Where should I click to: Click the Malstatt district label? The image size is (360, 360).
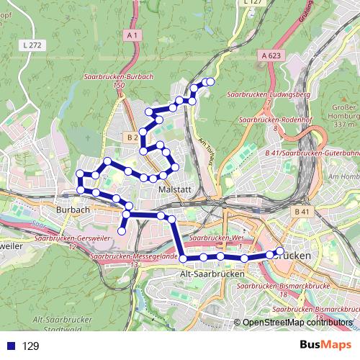[x=172, y=189]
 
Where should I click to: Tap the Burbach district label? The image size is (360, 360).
[x=71, y=210]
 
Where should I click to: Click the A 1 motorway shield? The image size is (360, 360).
[x=131, y=35]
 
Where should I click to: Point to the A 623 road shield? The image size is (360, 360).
[x=271, y=55]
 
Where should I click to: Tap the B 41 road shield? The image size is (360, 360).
[x=302, y=212]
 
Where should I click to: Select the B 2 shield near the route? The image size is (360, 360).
[x=131, y=137]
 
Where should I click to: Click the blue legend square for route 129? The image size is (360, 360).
[x=12, y=346]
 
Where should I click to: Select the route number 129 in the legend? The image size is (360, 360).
[x=30, y=346]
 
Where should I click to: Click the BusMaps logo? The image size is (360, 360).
[x=326, y=346]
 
